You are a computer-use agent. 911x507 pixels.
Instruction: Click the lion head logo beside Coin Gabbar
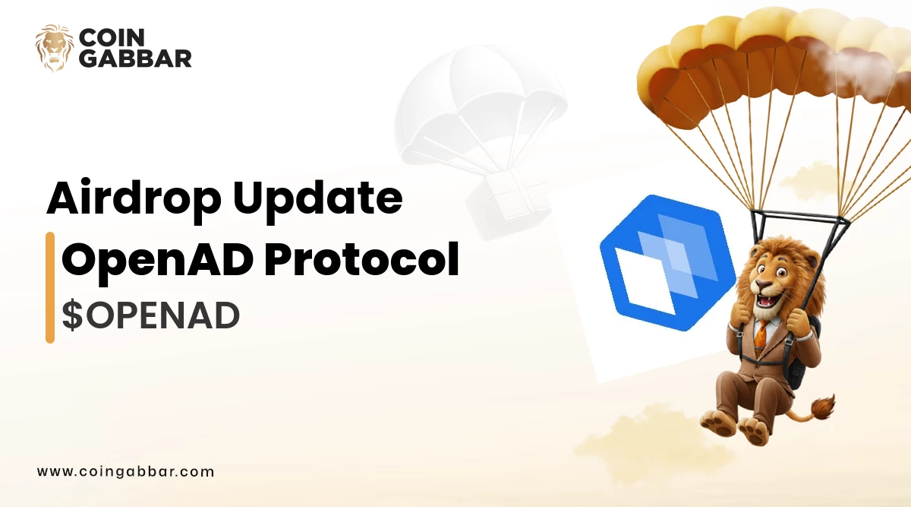coord(55,47)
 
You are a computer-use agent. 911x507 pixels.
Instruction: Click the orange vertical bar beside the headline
coord(50,287)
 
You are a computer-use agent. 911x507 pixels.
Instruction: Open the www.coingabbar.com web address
coord(125,471)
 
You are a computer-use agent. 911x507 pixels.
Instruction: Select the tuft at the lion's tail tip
coord(821,407)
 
